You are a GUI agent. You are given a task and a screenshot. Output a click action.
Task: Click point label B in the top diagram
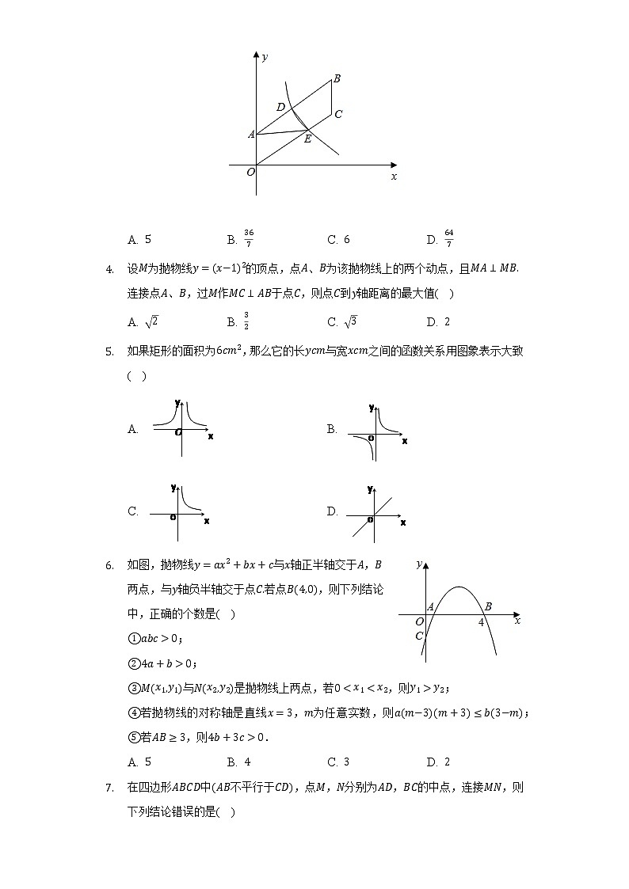pyautogui.click(x=337, y=78)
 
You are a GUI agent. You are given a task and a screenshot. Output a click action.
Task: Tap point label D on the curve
pyautogui.click(x=280, y=107)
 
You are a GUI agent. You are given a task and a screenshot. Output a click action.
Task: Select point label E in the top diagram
pyautogui.click(x=307, y=139)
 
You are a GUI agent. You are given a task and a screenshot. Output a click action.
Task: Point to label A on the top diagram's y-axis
pyautogui.click(x=251, y=135)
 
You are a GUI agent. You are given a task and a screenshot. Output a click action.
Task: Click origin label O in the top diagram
pyautogui.click(x=250, y=171)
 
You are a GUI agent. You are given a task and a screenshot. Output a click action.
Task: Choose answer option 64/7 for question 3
pyautogui.click(x=448, y=238)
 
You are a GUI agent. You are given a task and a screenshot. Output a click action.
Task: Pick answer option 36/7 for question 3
pyautogui.click(x=249, y=238)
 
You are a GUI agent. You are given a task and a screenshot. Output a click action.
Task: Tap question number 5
pyautogui.click(x=109, y=351)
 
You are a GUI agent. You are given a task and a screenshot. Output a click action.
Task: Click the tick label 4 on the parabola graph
pyautogui.click(x=481, y=622)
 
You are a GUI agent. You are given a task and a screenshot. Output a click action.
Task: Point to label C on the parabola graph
pyautogui.click(x=419, y=636)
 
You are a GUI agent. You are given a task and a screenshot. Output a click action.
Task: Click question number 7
pyautogui.click(x=109, y=788)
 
